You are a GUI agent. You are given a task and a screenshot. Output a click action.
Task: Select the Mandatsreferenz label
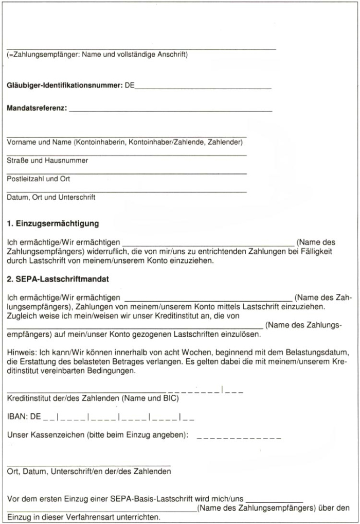(x=37, y=109)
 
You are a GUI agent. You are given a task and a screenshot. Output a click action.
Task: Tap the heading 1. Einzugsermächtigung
(x=53, y=224)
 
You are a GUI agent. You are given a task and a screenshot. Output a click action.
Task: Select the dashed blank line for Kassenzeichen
(x=239, y=438)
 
